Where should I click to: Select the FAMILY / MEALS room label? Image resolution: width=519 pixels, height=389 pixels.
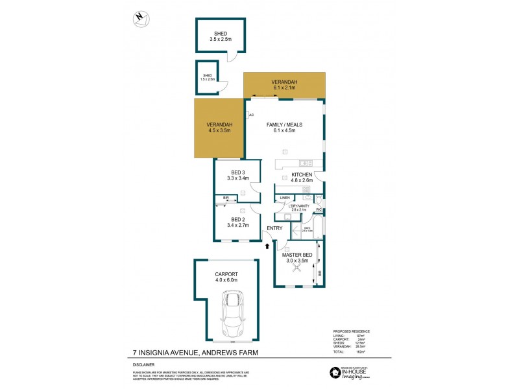284,124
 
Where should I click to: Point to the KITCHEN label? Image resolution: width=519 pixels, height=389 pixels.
302,175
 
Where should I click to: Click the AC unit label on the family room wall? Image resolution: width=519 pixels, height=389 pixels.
250,115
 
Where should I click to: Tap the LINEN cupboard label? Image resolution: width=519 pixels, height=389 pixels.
285,198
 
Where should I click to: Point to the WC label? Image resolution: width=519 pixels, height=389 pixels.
319,210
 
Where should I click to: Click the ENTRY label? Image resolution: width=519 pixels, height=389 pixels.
274,228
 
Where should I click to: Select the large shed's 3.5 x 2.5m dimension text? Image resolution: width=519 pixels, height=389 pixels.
220,40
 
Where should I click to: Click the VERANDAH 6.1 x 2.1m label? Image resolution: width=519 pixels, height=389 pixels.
284,88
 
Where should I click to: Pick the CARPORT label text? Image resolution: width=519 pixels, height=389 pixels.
226,274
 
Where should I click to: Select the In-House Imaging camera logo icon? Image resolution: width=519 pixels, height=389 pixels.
335,371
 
